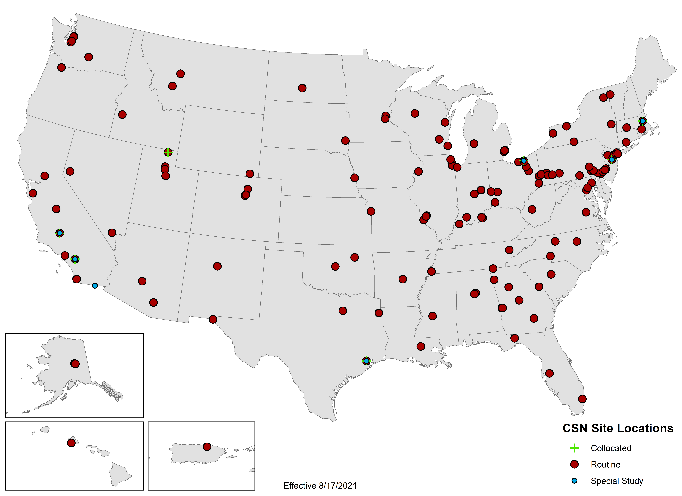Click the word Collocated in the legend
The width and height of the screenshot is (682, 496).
point(611,448)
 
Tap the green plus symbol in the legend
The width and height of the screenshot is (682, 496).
point(574,448)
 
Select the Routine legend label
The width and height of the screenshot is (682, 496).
point(605,464)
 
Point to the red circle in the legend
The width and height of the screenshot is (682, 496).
point(574,464)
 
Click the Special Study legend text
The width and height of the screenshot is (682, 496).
point(617,481)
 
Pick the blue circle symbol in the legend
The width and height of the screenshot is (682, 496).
point(574,481)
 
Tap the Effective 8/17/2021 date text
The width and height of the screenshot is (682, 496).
point(320,485)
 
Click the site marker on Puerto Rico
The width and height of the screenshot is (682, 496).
point(207,447)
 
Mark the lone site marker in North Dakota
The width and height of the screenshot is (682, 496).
point(302,88)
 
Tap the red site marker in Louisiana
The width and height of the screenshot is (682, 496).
point(421,346)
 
